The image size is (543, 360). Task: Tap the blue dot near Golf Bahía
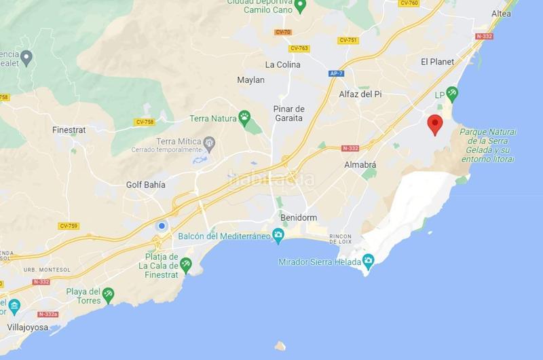[162, 226]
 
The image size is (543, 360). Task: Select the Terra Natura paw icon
[244, 118]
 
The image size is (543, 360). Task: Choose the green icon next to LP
[452, 92]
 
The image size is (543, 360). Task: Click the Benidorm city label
[300, 217]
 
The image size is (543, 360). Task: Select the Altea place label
[501, 14]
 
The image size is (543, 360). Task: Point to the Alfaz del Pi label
[360, 94]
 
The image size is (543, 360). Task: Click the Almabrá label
[360, 164]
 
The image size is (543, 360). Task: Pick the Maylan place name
[250, 80]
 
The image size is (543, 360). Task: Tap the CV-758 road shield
[144, 123]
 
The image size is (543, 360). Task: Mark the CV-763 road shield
[299, 48]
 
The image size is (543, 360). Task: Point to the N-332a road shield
[48, 314]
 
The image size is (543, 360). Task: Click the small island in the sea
[280, 345]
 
